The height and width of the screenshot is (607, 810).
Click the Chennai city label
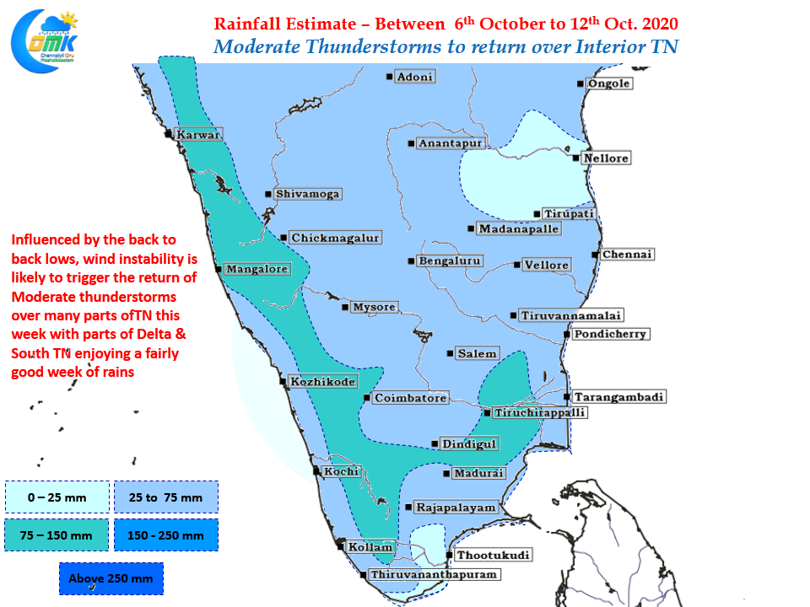(x=627, y=254)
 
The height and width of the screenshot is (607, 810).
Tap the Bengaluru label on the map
(x=450, y=261)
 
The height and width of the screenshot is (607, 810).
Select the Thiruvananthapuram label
(x=434, y=574)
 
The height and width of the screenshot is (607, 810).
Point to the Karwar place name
(x=198, y=134)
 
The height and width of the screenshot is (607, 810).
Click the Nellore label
(x=606, y=158)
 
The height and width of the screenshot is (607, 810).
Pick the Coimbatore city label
(x=410, y=397)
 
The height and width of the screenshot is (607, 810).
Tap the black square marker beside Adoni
(x=390, y=77)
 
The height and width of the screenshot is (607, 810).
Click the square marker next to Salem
(x=450, y=353)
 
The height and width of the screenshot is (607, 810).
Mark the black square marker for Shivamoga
(x=268, y=194)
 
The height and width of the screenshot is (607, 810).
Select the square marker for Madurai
(x=446, y=473)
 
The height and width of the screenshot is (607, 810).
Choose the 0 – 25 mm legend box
(x=57, y=497)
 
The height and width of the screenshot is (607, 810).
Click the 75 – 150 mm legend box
(x=57, y=535)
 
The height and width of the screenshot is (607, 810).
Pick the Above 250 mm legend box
(x=111, y=578)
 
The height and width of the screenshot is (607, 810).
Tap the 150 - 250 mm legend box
(x=166, y=535)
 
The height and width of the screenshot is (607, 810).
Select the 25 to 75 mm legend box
(x=166, y=497)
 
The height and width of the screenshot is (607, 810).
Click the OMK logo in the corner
(x=45, y=41)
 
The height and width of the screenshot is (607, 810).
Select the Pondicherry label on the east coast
(x=610, y=334)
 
